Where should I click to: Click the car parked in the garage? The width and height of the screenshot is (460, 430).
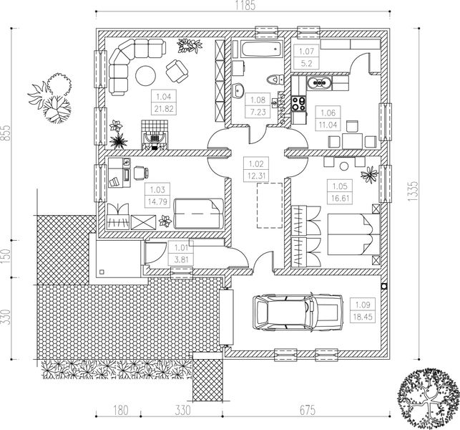point(298,312)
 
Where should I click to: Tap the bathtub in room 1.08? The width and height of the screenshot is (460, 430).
point(262,49)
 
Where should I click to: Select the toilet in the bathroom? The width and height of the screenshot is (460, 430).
point(275,80)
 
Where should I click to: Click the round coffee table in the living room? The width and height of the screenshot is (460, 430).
point(145,75)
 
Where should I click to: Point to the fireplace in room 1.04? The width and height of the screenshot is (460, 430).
point(155,135)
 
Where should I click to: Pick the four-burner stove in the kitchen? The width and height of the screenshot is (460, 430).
point(298,103)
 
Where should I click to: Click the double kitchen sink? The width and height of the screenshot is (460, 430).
point(319,83)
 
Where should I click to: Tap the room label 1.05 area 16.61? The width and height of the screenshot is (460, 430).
point(340,192)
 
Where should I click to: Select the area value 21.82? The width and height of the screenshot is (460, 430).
point(164,109)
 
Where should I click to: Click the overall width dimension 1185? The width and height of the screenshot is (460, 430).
point(245,6)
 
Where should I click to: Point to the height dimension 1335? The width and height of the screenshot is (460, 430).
point(413,191)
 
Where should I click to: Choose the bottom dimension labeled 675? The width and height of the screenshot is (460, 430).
point(307,411)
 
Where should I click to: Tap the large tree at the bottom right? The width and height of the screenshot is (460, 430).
point(428,398)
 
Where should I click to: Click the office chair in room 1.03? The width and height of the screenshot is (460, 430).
point(141,173)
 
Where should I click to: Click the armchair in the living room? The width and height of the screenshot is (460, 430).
point(177,72)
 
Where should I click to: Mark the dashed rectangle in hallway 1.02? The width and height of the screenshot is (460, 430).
point(270,206)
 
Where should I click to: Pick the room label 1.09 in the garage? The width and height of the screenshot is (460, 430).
point(363,305)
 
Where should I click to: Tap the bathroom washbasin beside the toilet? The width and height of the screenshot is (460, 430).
point(239,90)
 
